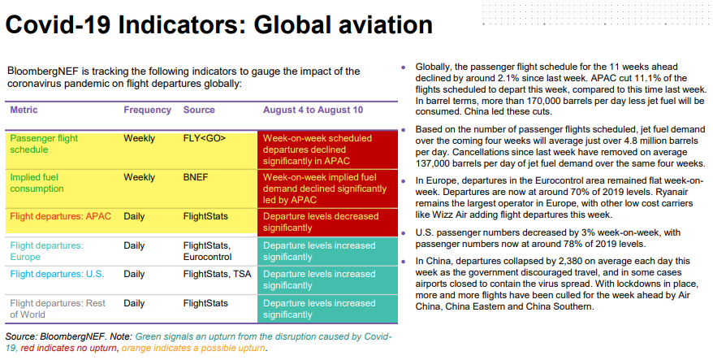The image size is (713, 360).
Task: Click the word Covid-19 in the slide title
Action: [x=58, y=24]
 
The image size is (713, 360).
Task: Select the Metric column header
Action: [x=24, y=110]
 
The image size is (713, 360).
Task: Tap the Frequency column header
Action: [x=147, y=111]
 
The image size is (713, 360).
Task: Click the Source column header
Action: [x=199, y=110]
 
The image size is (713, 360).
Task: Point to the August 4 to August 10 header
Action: [x=313, y=111]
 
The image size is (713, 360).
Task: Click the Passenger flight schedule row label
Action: [x=44, y=144]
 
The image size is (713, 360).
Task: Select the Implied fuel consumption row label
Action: [x=37, y=183]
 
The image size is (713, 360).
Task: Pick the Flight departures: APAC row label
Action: [x=60, y=216]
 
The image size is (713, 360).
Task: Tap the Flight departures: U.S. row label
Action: [x=57, y=274]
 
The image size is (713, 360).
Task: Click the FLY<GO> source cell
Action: [x=204, y=138]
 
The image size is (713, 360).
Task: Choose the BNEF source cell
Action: [x=196, y=177]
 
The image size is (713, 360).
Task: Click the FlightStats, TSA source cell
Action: [x=217, y=274]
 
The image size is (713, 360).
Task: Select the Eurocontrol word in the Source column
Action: [x=207, y=257]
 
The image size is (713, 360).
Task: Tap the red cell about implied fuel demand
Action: [x=327, y=189]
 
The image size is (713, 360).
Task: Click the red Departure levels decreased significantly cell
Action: [x=327, y=223]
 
